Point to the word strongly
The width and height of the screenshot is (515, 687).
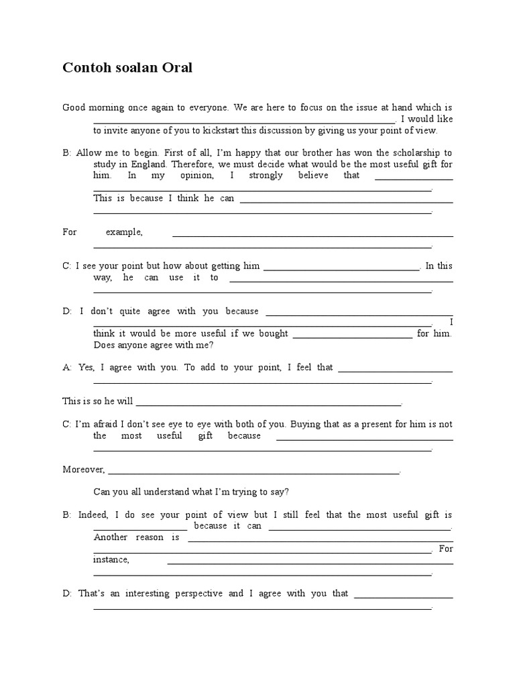pos(266,175)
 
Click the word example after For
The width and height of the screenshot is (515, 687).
pos(124,231)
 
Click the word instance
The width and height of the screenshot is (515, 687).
pos(111,559)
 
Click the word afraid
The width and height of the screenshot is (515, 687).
pos(111,424)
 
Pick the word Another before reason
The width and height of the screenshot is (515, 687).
pos(110,537)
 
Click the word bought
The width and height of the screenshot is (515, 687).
pos(272,333)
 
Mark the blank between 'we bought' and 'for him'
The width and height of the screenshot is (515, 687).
pos(353,335)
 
